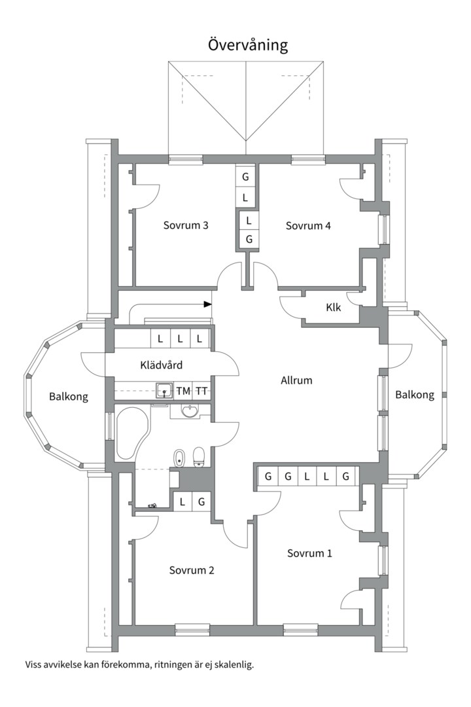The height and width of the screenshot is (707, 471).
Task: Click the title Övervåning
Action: (247, 45)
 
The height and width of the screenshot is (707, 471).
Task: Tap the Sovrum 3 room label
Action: (186, 225)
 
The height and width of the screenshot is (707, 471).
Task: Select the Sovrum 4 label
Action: (308, 225)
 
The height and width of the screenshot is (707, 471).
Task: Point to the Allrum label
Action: (296, 380)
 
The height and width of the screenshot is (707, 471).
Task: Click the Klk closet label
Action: (334, 308)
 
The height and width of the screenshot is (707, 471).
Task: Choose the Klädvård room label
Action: (162, 365)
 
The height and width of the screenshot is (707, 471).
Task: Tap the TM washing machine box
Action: (183, 391)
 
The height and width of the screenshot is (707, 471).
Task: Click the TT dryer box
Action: (201, 391)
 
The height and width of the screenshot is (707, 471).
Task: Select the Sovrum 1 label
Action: (309, 553)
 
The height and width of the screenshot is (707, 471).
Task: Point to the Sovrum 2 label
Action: (192, 570)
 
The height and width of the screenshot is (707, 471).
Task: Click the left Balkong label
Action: (69, 397)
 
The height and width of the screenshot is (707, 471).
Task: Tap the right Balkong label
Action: (415, 395)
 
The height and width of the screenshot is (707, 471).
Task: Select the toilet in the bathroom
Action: (199, 457)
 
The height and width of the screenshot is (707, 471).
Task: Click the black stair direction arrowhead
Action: (208, 304)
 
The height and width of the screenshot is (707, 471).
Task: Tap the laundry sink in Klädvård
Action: (164, 390)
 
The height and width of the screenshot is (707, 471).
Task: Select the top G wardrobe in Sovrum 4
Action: (246, 176)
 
